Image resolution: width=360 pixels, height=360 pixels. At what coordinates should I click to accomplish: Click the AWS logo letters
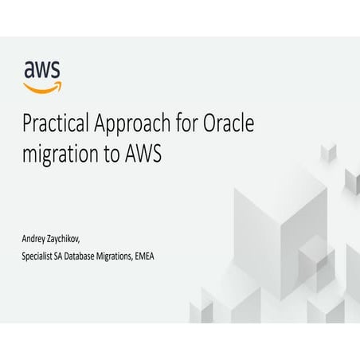(x=42, y=69)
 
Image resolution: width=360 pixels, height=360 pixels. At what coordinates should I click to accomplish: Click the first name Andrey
(x=37, y=239)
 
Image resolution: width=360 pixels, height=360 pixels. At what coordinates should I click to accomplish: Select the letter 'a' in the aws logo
(x=29, y=69)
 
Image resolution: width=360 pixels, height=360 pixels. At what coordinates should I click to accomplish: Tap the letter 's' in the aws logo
(x=56, y=69)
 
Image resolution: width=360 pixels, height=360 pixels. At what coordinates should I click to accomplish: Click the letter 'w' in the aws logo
(x=42, y=69)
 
